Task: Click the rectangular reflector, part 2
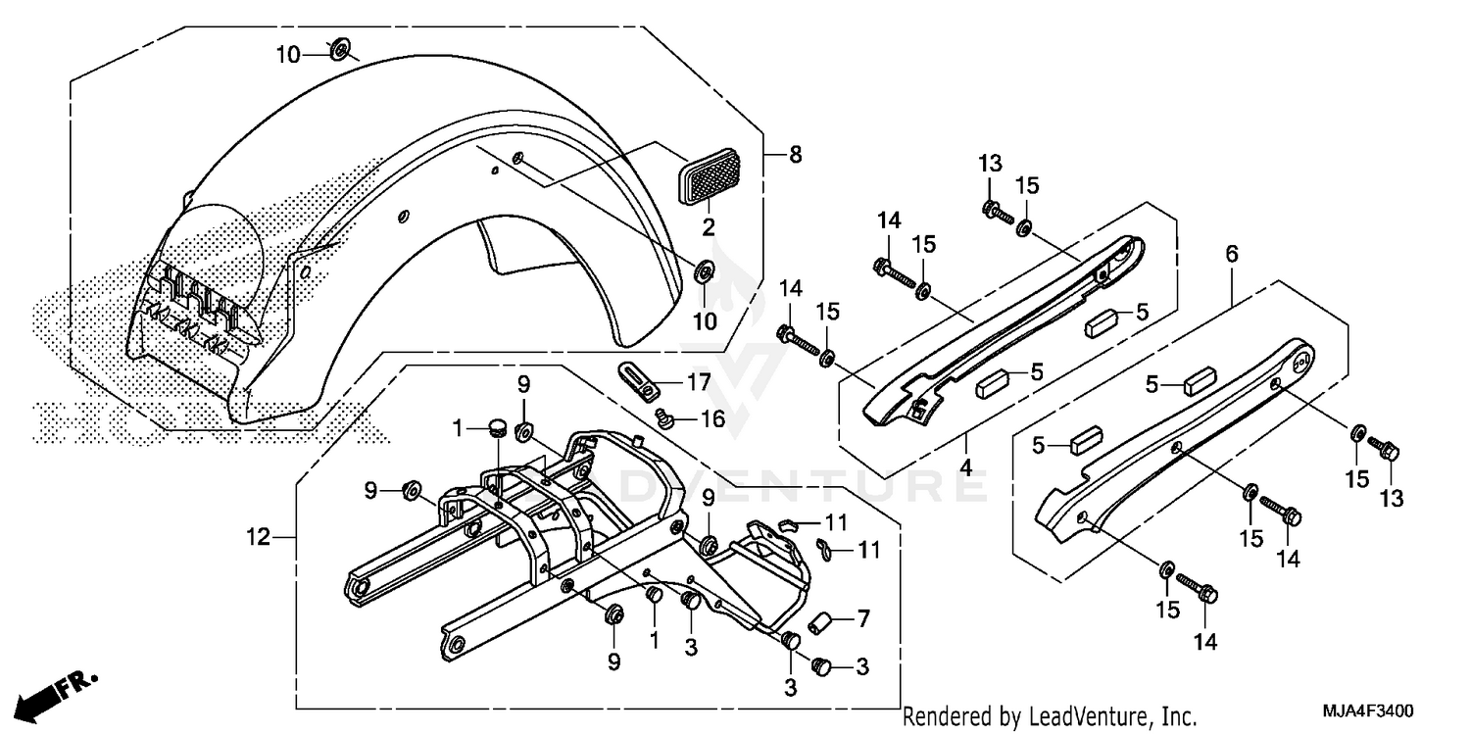pos(709,176)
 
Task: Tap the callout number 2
pos(708,227)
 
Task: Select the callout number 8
pos(795,155)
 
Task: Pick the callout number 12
pos(257,537)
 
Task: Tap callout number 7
pos(862,618)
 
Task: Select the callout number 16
pos(712,418)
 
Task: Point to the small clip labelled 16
pos(662,420)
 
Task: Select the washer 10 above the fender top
pos(341,49)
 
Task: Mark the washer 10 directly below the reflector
pos(705,270)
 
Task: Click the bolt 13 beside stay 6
pos(1388,452)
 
